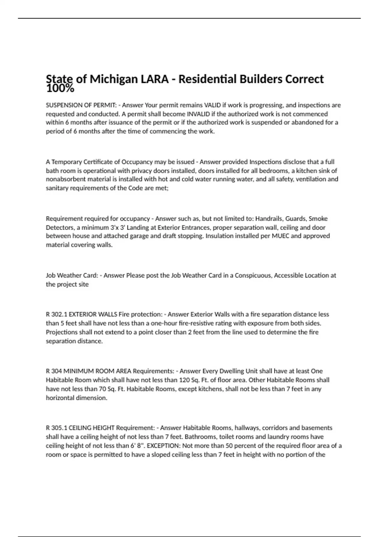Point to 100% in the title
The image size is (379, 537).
(x=60, y=89)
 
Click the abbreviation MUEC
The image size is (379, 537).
(x=280, y=236)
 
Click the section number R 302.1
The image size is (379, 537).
(x=57, y=314)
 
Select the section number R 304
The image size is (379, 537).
(x=54, y=371)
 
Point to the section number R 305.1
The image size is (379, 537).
(x=57, y=428)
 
